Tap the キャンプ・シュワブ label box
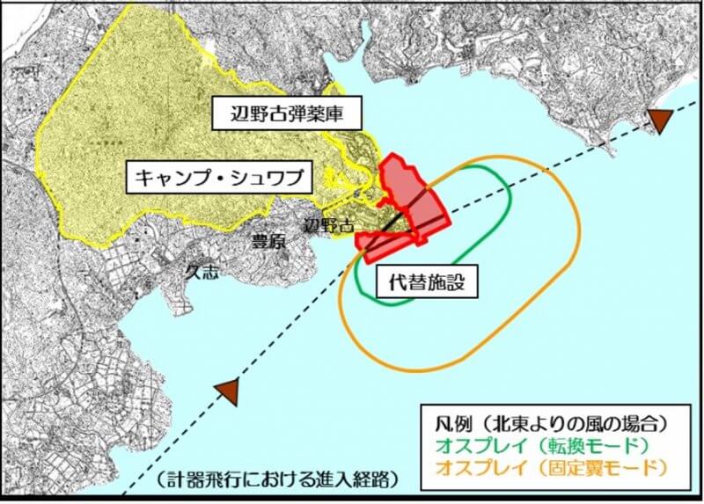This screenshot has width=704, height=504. coord(220,179)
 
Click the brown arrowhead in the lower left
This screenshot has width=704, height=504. coord(228,392)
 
